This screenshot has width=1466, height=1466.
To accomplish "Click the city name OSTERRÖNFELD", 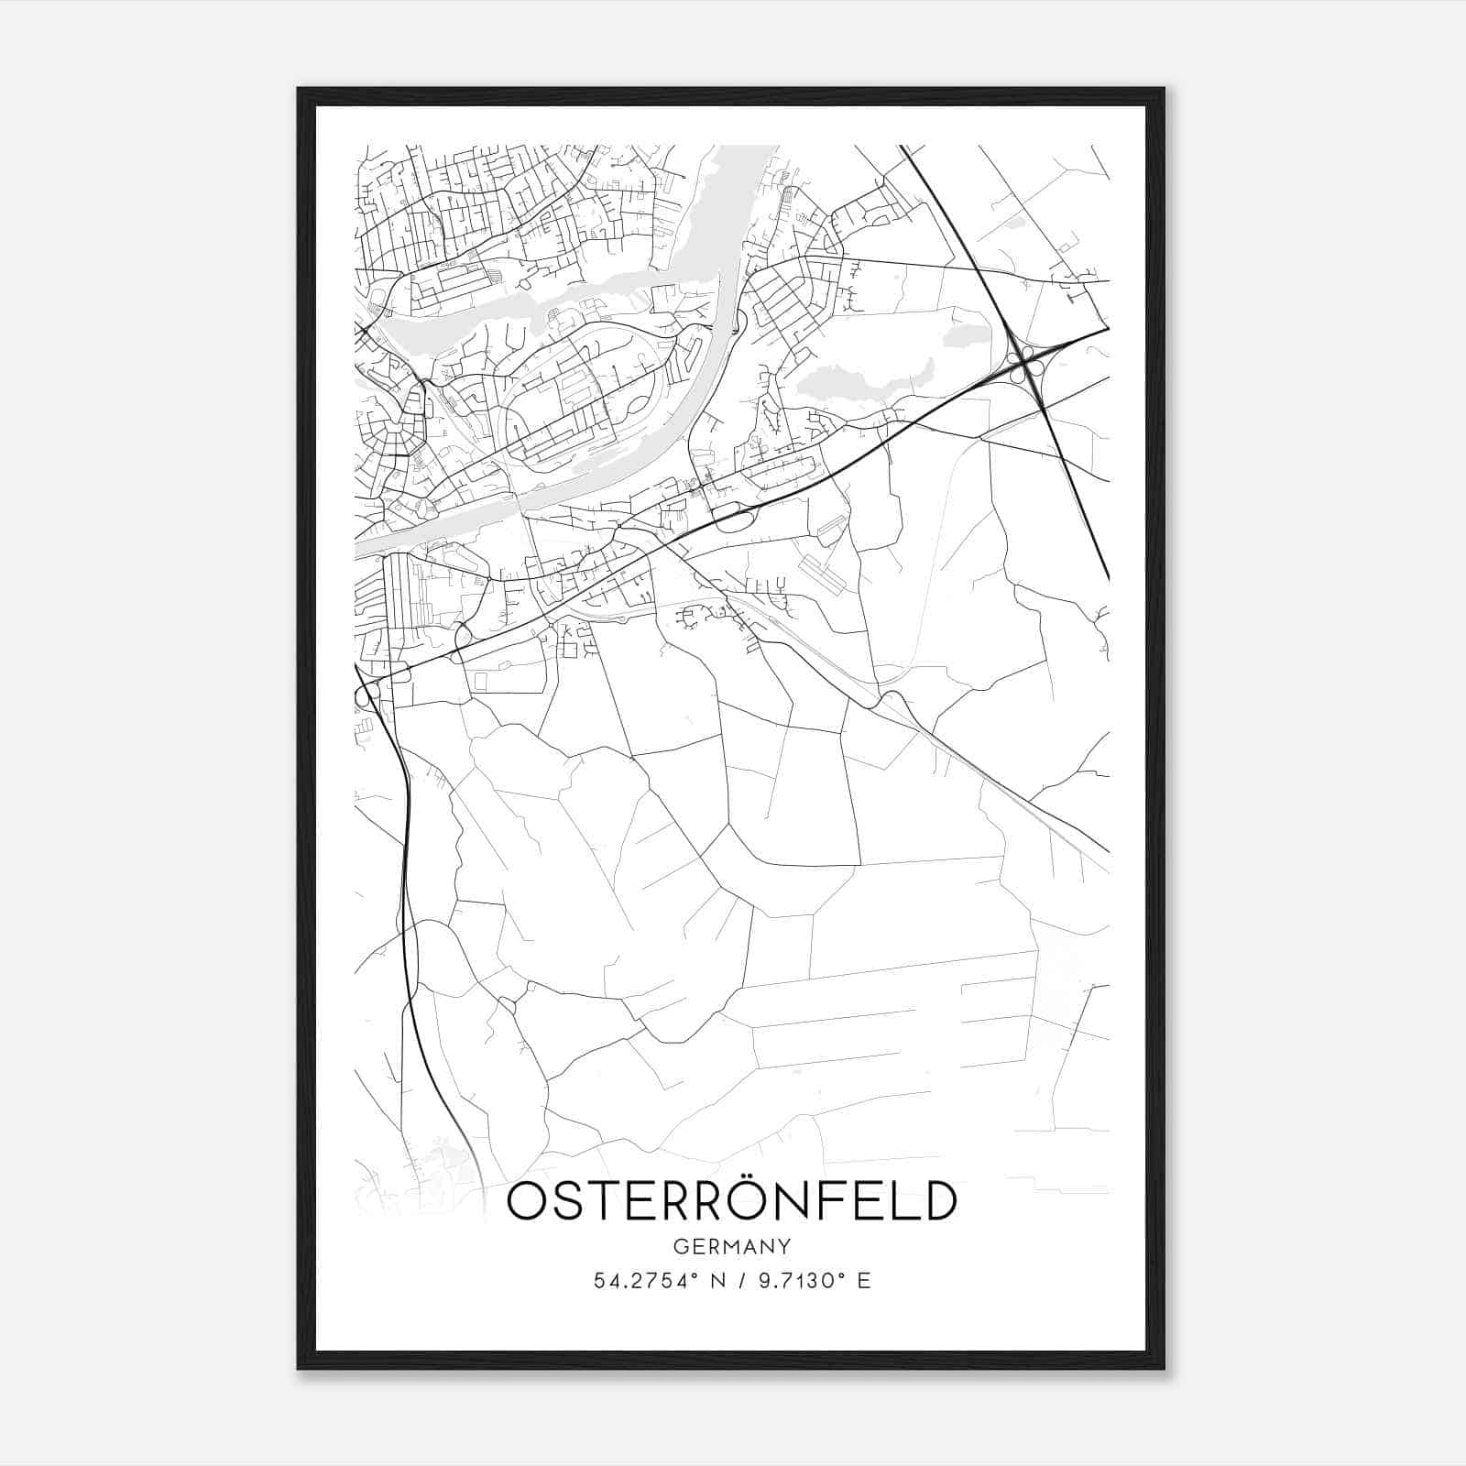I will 731,1202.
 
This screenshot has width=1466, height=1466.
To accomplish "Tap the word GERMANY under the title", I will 731,1247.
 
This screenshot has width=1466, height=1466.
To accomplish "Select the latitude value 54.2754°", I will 642,1281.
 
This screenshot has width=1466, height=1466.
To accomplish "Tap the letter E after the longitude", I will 863,1281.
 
